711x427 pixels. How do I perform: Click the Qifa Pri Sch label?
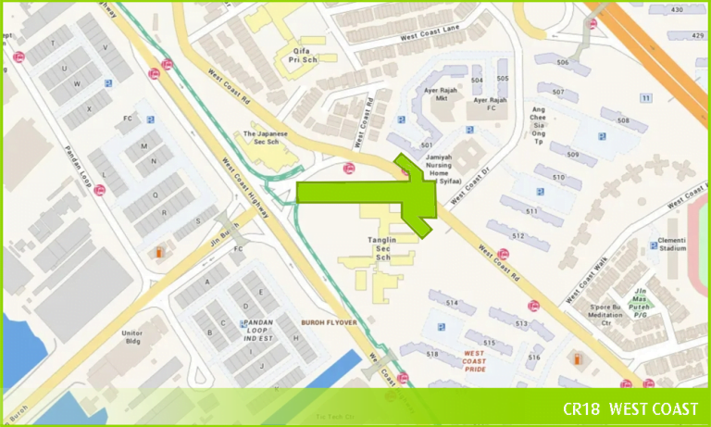pos(306,48)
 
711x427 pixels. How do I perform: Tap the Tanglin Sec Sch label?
pos(382,247)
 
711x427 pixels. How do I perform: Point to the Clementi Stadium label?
pos(671,245)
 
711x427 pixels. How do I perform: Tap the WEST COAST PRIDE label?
pos(474,361)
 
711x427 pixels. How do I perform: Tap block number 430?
pos(676,9)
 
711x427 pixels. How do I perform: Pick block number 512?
pos(518,236)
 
